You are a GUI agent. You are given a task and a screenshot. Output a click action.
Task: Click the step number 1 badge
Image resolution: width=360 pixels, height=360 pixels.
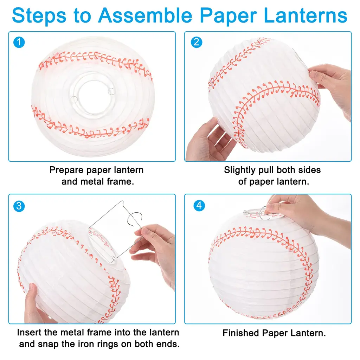[19, 42]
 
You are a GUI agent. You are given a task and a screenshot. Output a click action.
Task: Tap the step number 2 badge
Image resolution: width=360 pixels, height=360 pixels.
[197, 42]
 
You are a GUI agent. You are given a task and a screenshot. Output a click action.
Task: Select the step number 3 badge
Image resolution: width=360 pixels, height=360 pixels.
[19, 206]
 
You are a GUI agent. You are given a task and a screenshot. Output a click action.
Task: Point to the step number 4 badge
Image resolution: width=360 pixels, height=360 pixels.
[199, 205]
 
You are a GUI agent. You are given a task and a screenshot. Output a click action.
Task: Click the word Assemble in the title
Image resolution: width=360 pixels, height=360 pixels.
[145, 15]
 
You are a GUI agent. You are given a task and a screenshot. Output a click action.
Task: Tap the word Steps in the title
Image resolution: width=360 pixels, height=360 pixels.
[39, 15]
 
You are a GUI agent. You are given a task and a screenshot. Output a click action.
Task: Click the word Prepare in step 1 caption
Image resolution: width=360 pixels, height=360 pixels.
[66, 170]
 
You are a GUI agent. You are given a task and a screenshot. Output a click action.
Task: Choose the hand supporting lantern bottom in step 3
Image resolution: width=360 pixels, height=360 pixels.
[37, 306]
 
